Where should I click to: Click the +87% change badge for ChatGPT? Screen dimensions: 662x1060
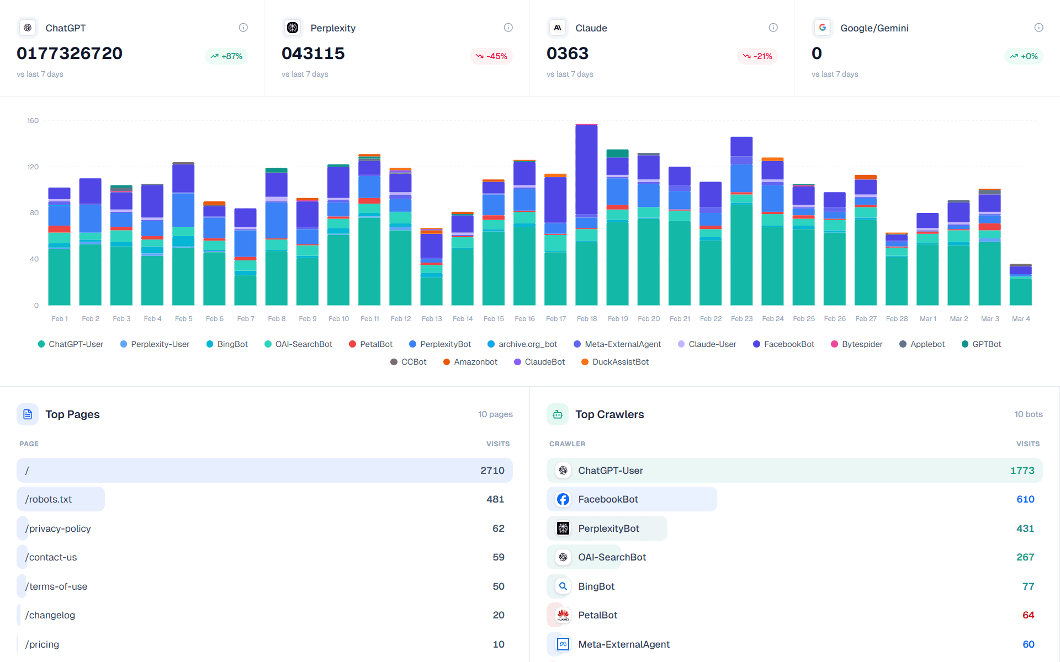tap(226, 56)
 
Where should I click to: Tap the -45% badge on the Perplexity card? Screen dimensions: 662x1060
tap(491, 56)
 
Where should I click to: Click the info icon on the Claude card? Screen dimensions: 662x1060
tap(773, 28)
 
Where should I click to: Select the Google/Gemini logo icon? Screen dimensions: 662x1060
tap(822, 28)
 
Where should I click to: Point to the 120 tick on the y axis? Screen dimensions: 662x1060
tap(33, 167)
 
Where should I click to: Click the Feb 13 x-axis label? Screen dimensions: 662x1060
tap(432, 319)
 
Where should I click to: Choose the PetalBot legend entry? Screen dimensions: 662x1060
tap(370, 344)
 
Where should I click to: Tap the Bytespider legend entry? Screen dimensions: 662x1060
tap(856, 344)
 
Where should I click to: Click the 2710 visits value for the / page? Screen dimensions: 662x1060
tap(492, 471)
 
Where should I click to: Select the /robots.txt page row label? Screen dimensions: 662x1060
tap(49, 499)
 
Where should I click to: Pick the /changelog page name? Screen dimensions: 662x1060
tap(50, 615)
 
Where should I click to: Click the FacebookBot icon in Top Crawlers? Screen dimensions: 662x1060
tap(563, 499)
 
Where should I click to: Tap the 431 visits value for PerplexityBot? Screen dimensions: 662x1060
tap(1025, 528)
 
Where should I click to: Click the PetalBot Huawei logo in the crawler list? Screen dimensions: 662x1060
tap(563, 615)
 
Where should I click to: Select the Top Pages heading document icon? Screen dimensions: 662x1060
tap(28, 414)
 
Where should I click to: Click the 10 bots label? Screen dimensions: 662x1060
tap(1028, 414)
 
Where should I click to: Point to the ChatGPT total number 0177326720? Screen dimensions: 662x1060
tap(70, 54)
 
